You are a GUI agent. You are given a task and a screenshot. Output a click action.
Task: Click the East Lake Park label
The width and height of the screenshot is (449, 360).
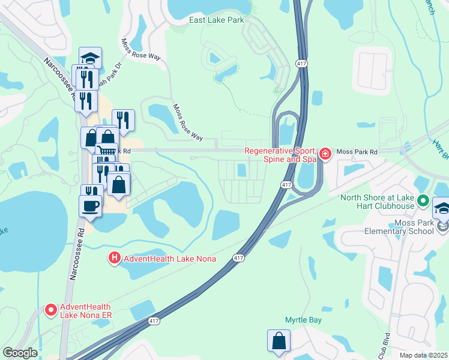click(217, 20)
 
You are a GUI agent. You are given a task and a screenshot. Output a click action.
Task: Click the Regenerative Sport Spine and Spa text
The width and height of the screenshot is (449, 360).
click(280, 155)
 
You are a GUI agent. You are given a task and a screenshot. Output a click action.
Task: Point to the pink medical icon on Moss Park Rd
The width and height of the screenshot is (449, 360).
click(325, 154)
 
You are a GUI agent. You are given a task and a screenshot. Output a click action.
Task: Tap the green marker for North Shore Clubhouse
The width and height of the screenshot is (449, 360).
click(423, 201)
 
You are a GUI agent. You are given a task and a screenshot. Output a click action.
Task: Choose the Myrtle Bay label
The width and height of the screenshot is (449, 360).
click(304, 320)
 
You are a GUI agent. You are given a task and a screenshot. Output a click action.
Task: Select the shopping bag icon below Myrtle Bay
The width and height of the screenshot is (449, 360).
click(279, 340)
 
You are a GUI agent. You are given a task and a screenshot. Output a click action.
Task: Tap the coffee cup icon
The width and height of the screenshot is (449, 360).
click(90, 205)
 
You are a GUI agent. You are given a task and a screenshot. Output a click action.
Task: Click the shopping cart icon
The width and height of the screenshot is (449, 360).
click(106, 152)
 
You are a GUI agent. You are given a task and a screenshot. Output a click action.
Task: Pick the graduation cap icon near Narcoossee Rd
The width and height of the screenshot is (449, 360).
click(90, 58)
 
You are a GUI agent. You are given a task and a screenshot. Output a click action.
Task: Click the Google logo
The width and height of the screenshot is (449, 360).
click(20, 353)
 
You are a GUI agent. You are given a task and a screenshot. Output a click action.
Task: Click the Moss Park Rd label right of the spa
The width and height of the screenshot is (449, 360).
click(357, 152)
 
